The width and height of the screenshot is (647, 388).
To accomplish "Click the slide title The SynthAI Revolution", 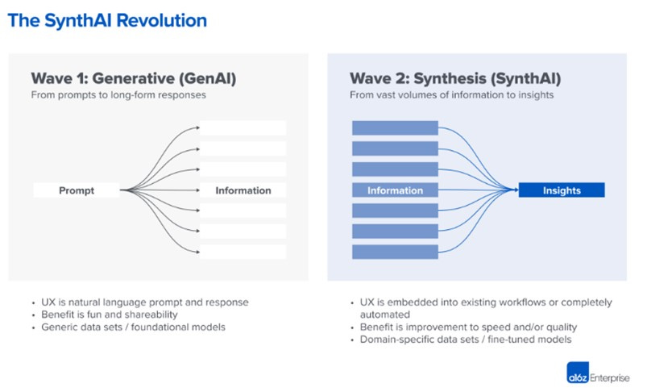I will pyautogui.click(x=107, y=20).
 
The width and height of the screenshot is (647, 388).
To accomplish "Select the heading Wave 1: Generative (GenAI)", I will pyautogui.click(x=134, y=78).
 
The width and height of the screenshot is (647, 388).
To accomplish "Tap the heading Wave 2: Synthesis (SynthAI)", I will pyautogui.click(x=454, y=78).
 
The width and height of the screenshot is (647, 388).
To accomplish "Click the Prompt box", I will pyautogui.click(x=77, y=190).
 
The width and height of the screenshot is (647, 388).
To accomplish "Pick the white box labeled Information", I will pyautogui.click(x=243, y=190).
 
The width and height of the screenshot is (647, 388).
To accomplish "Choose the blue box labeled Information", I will pyautogui.click(x=395, y=190).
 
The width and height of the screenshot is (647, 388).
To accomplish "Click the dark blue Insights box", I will pyautogui.click(x=562, y=190).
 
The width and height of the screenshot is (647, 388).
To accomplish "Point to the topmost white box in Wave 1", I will pyautogui.click(x=243, y=128).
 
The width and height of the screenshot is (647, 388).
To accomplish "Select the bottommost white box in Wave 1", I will pyautogui.click(x=243, y=252).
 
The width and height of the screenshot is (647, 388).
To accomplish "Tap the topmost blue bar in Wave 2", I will pyautogui.click(x=395, y=128).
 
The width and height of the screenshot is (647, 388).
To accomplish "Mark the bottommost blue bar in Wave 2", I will pyautogui.click(x=395, y=252).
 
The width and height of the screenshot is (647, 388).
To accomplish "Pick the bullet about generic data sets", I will pyautogui.click(x=133, y=327).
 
